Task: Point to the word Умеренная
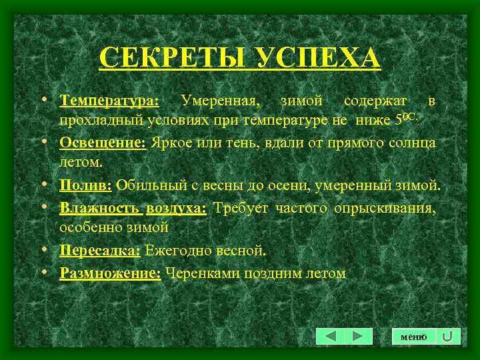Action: click(220, 101)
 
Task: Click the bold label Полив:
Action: click(87, 185)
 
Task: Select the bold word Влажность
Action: click(99, 208)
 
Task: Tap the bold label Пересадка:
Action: click(99, 251)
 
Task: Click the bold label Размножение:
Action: click(110, 273)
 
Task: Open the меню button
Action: click(413, 337)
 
